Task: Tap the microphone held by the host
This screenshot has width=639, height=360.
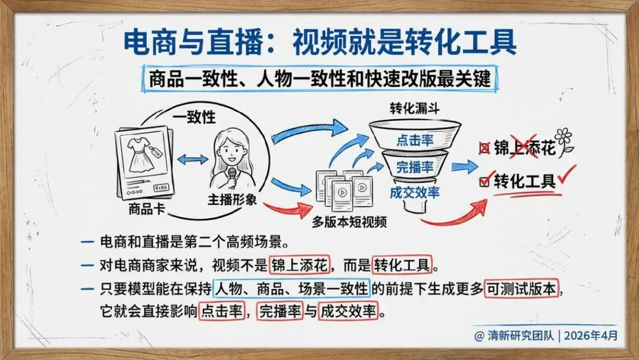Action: [233, 175]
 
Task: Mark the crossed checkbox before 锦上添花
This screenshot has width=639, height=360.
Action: [485, 148]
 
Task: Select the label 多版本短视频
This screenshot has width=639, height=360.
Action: [350, 222]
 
